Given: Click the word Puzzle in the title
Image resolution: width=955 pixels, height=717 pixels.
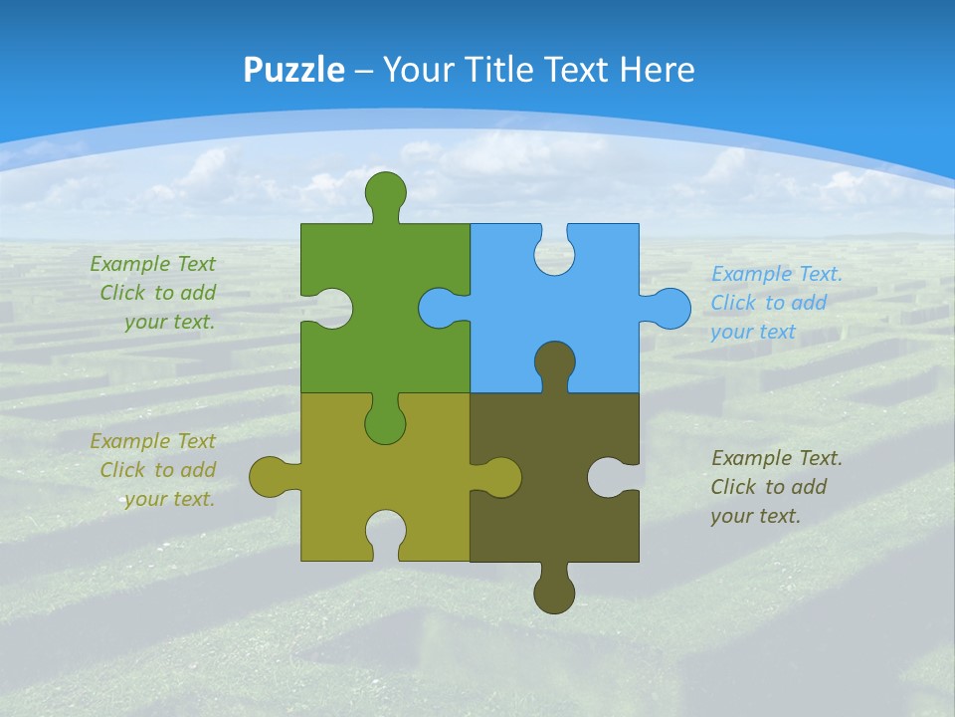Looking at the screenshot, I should tap(294, 70).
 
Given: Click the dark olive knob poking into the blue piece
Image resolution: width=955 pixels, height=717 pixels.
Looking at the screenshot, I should tap(554, 362).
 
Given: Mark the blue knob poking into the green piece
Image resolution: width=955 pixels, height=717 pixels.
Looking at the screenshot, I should tap(438, 308).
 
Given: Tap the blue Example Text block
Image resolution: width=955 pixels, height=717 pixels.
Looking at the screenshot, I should tap(776, 303).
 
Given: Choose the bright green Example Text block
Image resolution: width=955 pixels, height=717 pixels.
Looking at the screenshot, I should tap(153, 293).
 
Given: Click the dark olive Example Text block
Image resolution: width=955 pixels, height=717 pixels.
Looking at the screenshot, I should tap(776, 487).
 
